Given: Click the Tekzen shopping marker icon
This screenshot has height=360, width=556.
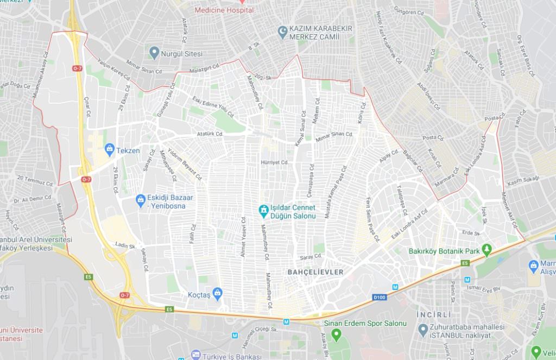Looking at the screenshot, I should [109, 148].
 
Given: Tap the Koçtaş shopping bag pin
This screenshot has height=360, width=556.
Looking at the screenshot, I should [218, 293].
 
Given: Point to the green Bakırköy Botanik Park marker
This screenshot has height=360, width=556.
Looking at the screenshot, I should [487, 251].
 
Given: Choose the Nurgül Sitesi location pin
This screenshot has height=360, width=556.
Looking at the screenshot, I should [154, 53].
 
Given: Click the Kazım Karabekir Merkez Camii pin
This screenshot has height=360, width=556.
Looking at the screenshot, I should [282, 32].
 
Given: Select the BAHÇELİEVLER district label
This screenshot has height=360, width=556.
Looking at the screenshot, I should [316, 272].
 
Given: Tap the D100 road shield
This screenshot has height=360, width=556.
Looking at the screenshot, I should [379, 297].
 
